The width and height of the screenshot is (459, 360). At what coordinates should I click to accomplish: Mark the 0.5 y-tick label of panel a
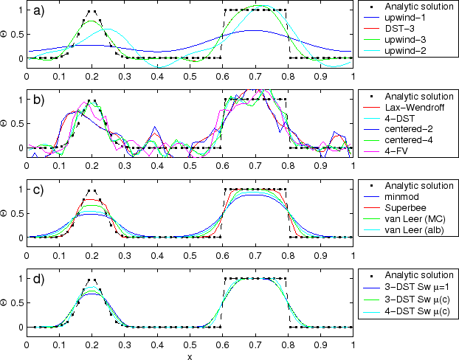[x=15, y=35]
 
